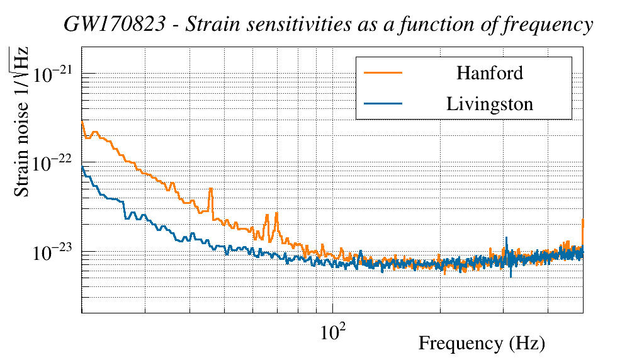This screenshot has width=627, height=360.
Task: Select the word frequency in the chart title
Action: (x=551, y=25)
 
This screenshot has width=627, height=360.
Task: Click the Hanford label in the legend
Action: (x=489, y=73)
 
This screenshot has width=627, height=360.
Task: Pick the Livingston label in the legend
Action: (x=489, y=103)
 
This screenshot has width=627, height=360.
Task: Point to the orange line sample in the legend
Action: (x=383, y=73)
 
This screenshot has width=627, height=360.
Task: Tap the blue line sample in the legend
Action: (x=383, y=103)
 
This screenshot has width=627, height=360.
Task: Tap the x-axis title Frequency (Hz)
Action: (x=482, y=344)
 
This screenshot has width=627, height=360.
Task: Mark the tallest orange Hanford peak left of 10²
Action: (x=210, y=189)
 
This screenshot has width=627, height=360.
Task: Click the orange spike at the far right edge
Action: (x=584, y=220)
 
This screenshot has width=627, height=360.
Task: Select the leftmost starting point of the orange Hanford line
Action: (x=82, y=121)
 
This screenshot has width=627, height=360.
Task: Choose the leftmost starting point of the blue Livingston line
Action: (x=82, y=167)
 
